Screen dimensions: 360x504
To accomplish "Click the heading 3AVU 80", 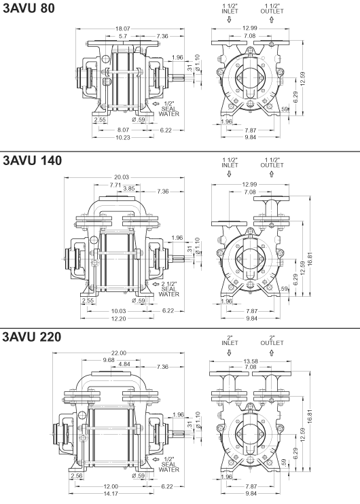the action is pos(29,9).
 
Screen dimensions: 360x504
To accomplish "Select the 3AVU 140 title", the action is pos(32,160).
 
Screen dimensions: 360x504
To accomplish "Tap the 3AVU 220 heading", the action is pos(31,337).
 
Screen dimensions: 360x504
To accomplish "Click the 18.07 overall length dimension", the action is pos(122,29).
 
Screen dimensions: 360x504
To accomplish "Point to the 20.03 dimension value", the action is pos(122,177).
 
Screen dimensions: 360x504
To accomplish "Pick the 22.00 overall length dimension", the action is pos(119,353).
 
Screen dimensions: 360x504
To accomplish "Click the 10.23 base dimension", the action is pos(123,138).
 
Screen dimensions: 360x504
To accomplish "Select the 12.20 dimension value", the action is pos(119,319).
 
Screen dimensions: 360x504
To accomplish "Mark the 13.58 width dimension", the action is pos(251,361).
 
